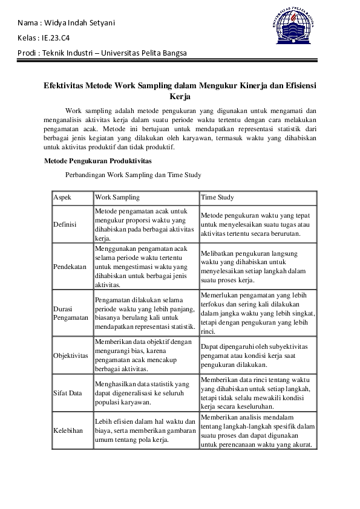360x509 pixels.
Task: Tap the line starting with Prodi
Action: [x=102, y=53]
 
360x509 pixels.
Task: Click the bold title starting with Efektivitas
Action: [x=180, y=91]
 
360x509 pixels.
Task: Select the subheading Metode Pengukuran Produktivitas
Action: [x=97, y=161]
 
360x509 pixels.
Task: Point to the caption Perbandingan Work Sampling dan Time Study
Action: [x=133, y=175]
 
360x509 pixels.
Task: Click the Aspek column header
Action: [x=62, y=198]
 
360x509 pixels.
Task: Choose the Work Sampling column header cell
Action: [x=117, y=198]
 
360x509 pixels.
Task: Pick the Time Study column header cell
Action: [x=217, y=198]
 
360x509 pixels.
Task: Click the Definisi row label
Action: [x=65, y=224]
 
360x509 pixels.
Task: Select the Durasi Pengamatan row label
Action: [x=71, y=313]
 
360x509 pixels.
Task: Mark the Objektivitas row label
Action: [x=71, y=355]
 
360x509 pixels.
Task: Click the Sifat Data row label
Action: [x=68, y=393]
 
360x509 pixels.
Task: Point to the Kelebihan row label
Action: [x=68, y=431]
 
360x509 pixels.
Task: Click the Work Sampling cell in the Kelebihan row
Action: [x=145, y=431]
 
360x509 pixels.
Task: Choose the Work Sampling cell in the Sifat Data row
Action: [x=145, y=393]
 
